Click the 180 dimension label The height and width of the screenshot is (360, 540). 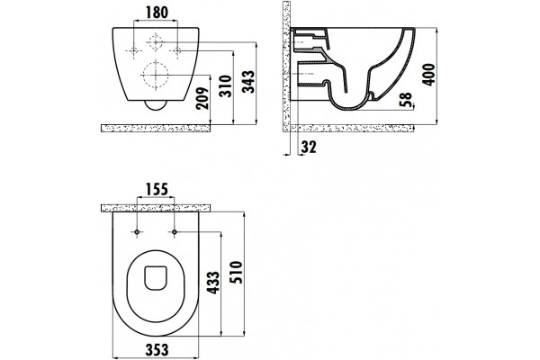tap(157, 13)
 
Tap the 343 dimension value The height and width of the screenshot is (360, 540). tap(248, 82)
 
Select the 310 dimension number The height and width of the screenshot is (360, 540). tap(226, 86)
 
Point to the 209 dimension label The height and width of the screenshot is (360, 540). tap(202, 98)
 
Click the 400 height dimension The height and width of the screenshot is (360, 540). tap(429, 75)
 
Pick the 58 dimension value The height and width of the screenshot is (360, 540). tap(407, 100)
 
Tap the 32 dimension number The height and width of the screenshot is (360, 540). tap(309, 147)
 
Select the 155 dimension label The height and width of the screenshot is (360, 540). tap(157, 190)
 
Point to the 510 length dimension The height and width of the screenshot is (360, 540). tap(237, 272)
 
